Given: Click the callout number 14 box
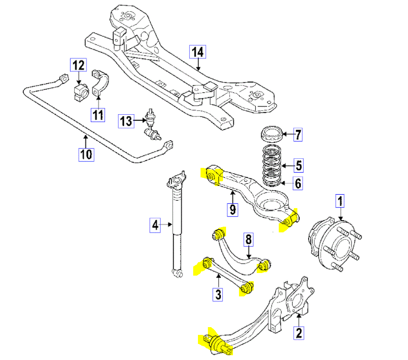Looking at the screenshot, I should pos(197,52).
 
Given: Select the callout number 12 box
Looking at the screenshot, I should pos(78,65).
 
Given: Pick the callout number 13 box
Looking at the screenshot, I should pos(126,121).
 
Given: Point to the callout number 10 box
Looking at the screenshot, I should pos(86,154).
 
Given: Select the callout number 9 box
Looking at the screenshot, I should pos(233,210).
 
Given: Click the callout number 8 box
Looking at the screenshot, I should pos(248,239).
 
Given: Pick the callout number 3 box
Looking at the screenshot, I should pos(218,295).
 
